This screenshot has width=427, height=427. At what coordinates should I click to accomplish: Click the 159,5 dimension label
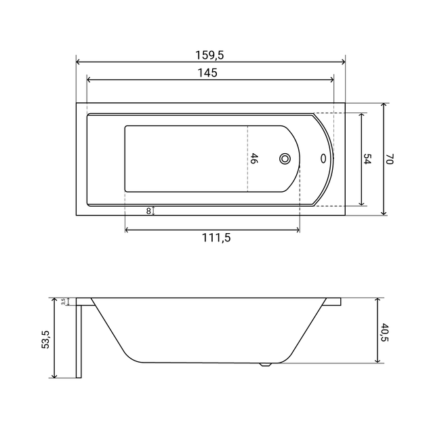[209, 56]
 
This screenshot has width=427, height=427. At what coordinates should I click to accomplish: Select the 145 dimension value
[207, 73]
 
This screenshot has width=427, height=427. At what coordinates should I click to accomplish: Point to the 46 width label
[253, 158]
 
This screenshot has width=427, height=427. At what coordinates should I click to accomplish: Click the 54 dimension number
[367, 159]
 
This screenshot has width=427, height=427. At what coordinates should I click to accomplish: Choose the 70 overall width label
[390, 159]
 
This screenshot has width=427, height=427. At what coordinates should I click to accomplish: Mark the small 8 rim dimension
[148, 211]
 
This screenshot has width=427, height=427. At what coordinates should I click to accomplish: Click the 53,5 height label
[45, 340]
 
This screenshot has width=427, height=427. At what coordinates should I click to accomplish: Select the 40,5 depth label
[385, 332]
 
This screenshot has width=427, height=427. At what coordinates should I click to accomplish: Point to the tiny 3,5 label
[63, 302]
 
